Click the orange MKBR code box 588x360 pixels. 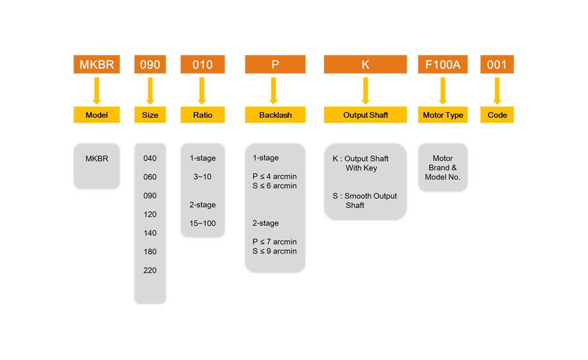(96, 64)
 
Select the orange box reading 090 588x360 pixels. (150, 64)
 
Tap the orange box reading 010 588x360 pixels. (203, 64)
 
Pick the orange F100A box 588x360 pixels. (442, 64)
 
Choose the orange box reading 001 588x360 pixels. (497, 64)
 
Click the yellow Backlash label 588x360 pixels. (275, 115)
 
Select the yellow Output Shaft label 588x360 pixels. (365, 115)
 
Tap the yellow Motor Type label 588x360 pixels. (442, 115)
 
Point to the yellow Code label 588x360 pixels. (497, 115)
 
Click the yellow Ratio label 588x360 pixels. (203, 115)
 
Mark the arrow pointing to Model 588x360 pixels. (96, 91)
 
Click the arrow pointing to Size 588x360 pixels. (150, 91)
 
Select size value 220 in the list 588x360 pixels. (150, 270)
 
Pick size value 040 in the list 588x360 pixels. (150, 158)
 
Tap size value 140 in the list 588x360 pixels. (150, 233)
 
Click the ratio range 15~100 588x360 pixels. (203, 223)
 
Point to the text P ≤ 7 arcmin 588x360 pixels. (274, 242)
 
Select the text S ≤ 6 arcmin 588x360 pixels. (274, 186)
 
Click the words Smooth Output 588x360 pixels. (371, 196)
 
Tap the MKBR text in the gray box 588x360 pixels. (96, 158)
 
